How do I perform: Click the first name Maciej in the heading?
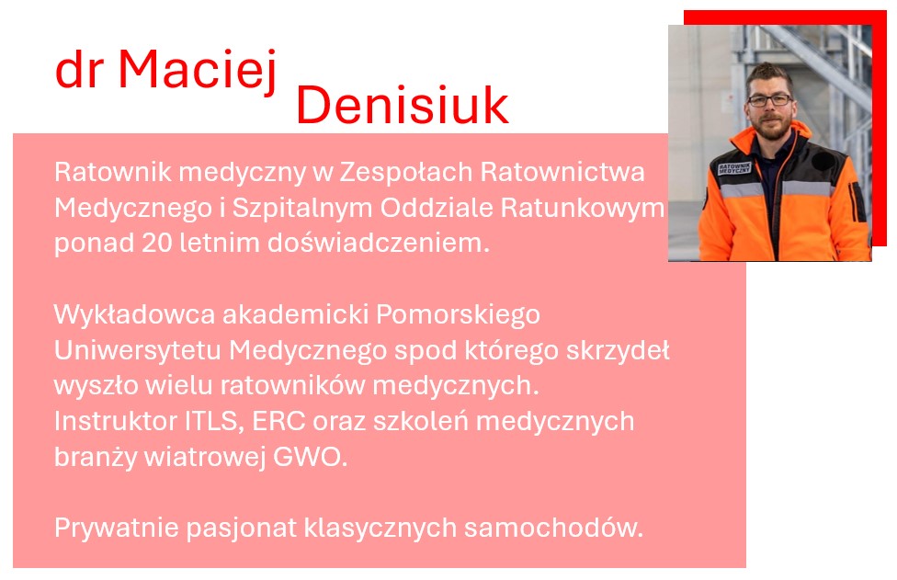(198, 70)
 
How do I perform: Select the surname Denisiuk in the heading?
(403, 105)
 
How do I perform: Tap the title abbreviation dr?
(79, 71)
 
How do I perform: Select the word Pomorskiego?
(458, 315)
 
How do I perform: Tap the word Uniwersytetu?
(137, 350)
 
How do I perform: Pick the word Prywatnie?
(118, 528)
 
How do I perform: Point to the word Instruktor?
(115, 422)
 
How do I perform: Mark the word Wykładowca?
(134, 314)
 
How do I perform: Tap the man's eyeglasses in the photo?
(770, 100)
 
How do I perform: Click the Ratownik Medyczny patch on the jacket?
(734, 168)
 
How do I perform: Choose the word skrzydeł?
(618, 350)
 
